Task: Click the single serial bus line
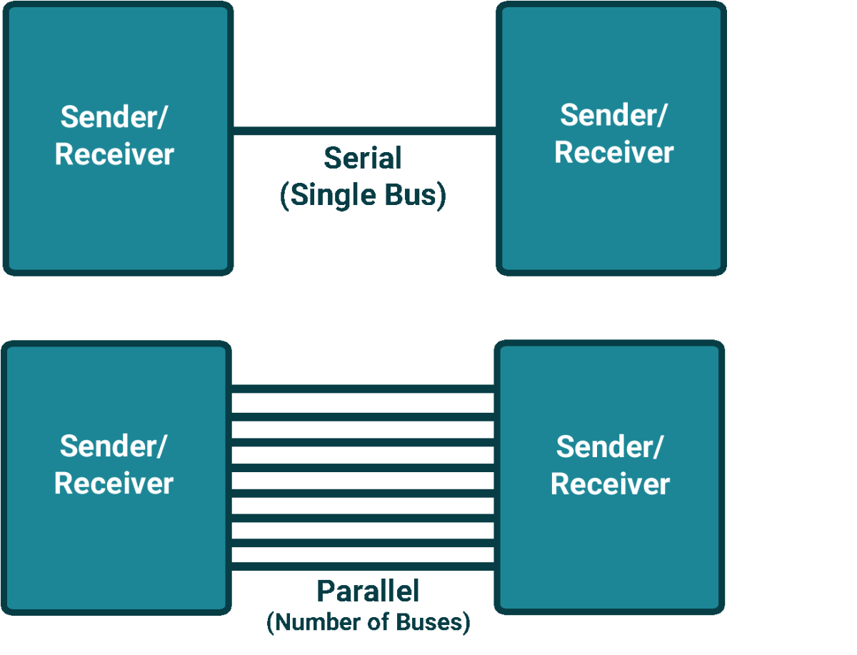click(x=364, y=131)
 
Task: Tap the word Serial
click(x=363, y=158)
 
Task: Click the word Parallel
click(x=368, y=591)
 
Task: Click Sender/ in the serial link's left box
click(x=114, y=117)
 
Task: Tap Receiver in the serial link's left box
click(x=114, y=154)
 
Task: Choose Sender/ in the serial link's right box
click(x=613, y=115)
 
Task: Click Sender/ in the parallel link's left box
click(x=113, y=446)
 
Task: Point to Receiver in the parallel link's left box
click(x=114, y=484)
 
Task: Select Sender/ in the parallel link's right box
click(x=609, y=447)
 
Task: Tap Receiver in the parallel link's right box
click(x=610, y=484)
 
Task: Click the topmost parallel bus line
click(x=363, y=389)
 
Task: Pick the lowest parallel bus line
click(x=363, y=567)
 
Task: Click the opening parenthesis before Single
click(x=285, y=196)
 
